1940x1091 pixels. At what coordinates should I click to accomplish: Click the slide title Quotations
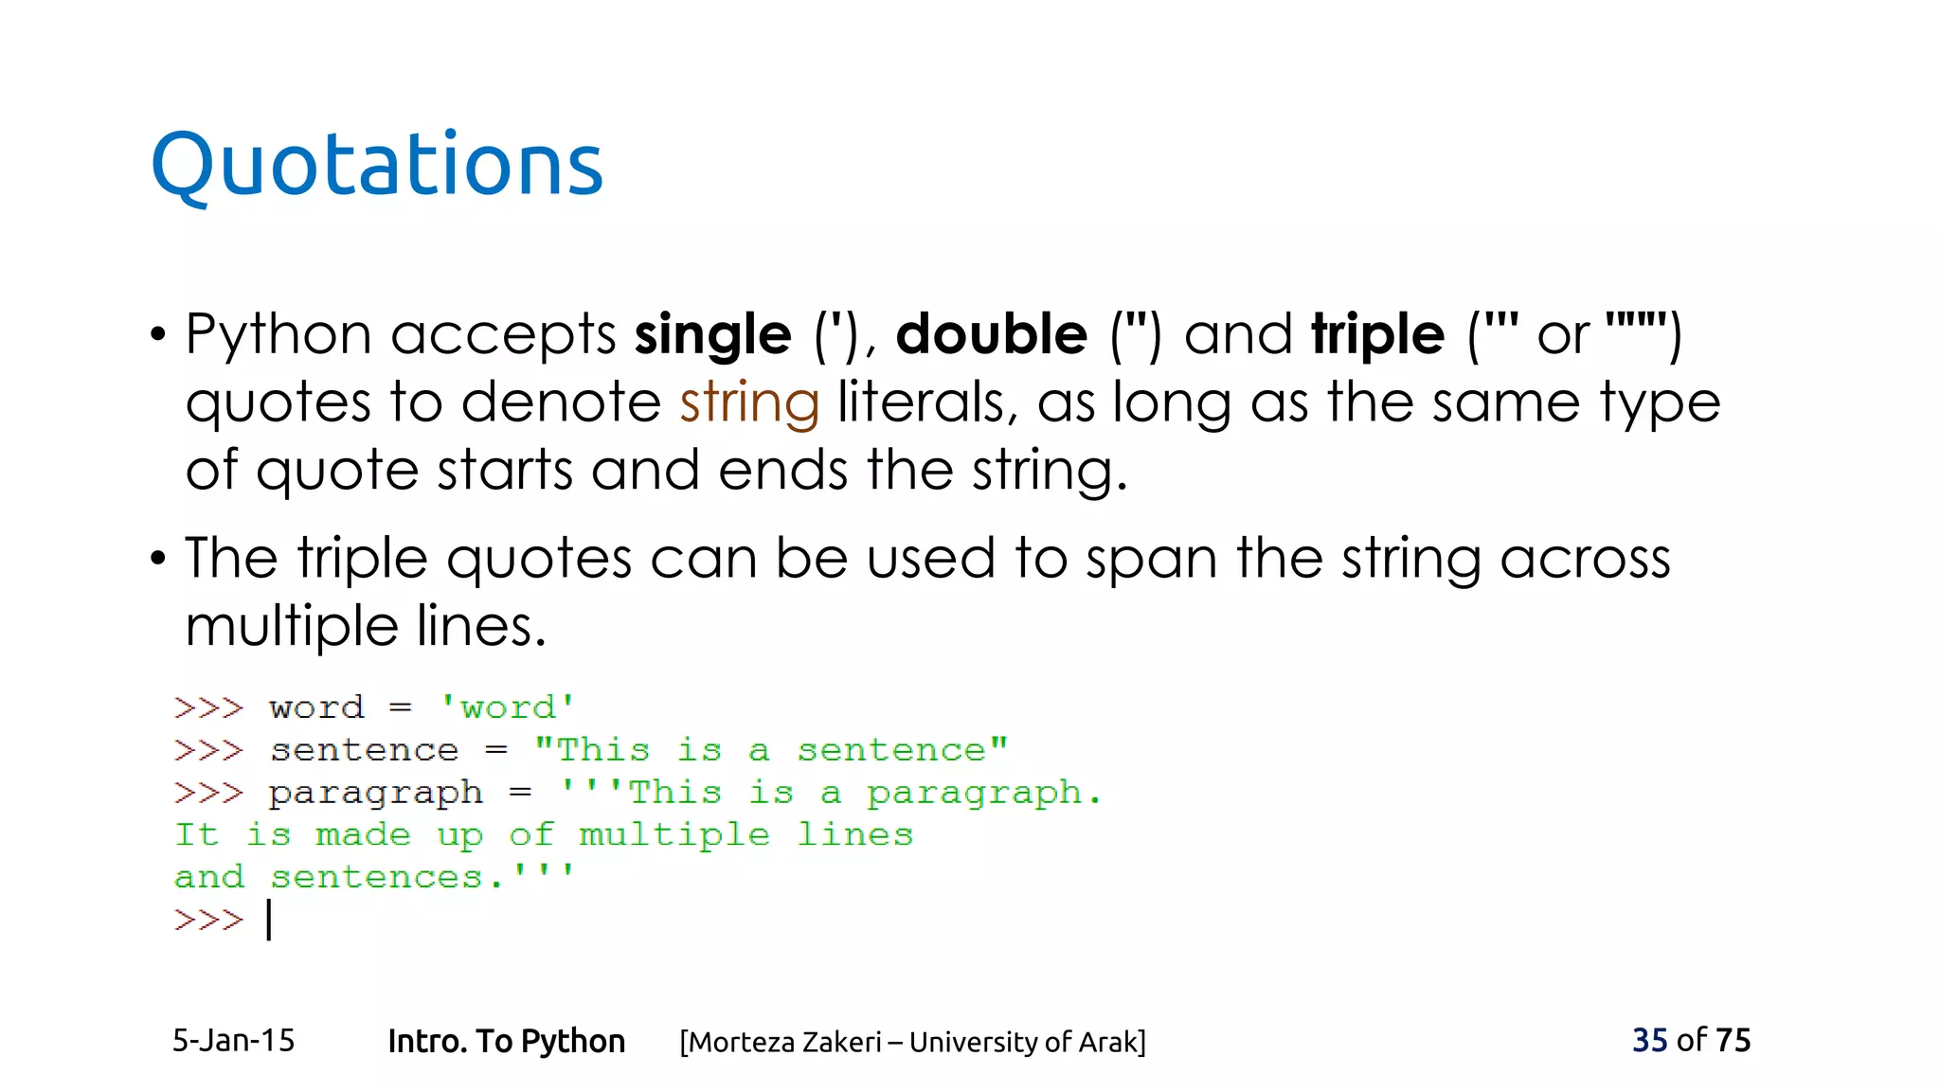pos(376,165)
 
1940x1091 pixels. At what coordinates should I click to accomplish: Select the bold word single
pos(712,335)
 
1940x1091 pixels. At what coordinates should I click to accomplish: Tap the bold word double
pos(991,335)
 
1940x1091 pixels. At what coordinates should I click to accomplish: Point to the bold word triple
pos(1377,335)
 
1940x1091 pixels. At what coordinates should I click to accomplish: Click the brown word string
pos(749,403)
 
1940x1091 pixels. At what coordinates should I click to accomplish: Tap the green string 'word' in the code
pos(508,707)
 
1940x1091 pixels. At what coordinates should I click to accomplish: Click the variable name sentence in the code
pos(365,750)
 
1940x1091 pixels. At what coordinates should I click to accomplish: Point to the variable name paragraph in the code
pos(376,794)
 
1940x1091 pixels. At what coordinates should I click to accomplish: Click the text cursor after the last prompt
pos(270,920)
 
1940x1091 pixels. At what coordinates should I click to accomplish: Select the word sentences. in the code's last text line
pos(386,877)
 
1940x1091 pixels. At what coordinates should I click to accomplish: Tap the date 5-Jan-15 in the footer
pos(233,1041)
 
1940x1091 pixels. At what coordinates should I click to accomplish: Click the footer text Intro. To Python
pos(506,1041)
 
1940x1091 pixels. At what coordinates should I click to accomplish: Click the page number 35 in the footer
pos(1649,1040)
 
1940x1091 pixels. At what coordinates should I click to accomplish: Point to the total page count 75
pos(1733,1040)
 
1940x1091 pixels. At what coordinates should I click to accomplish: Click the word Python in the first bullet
pos(278,335)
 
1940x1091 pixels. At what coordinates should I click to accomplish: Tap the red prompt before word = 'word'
pos(208,707)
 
